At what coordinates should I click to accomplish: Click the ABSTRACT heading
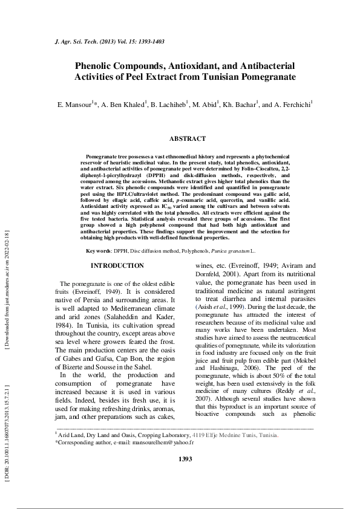click(x=187, y=138)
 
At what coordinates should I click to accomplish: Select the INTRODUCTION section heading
click(x=117, y=266)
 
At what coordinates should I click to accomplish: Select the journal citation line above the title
click(x=104, y=42)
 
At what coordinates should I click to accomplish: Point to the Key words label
click(x=99, y=250)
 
